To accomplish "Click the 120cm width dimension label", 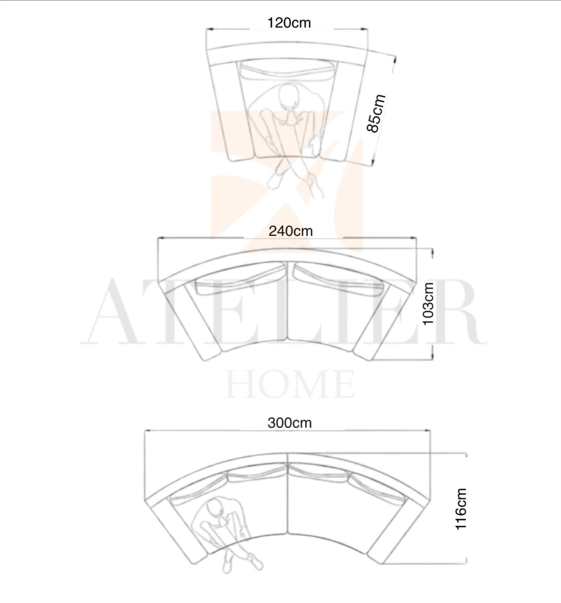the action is (289, 23).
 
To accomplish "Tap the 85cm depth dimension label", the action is (376, 113).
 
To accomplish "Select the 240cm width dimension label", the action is (290, 231).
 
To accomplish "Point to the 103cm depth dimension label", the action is (428, 304).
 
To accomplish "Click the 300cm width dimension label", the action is (290, 422).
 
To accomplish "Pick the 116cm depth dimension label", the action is (461, 509).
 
